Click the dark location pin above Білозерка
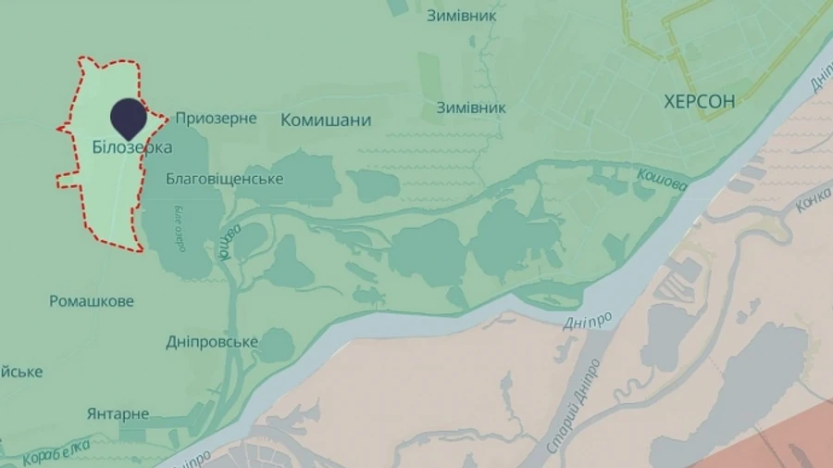point(129,118)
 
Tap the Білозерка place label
point(132,147)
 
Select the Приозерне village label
point(216,119)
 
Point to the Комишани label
point(326,120)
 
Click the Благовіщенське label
point(225,179)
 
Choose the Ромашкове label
point(92,301)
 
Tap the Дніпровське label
point(211,342)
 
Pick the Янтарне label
point(118,413)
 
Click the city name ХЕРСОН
point(700,102)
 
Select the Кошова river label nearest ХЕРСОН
point(663,180)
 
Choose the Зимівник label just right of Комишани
point(472,108)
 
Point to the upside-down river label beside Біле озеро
point(230,240)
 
